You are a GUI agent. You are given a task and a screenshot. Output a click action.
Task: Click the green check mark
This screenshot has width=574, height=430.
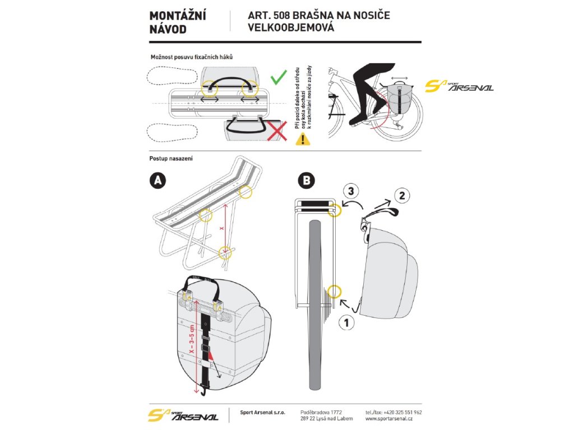click(x=279, y=77)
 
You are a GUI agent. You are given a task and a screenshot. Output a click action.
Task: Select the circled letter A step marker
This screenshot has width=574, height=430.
click(x=159, y=180)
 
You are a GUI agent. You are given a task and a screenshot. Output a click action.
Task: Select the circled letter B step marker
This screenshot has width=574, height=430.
click(x=307, y=180)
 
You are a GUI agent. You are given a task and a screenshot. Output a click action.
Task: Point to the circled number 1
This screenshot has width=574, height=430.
click(x=345, y=323)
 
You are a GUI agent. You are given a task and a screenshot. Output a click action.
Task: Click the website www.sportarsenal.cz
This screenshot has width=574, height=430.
click(x=389, y=418)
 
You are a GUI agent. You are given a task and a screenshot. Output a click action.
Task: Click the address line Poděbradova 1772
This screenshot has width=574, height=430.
click(x=321, y=412)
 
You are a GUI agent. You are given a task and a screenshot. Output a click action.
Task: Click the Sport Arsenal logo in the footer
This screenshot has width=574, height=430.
click(x=183, y=415)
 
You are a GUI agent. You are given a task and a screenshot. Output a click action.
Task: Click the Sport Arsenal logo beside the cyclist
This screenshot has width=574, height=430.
click(x=459, y=86)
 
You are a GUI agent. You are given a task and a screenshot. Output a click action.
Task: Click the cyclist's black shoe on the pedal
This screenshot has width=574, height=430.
click(x=358, y=119)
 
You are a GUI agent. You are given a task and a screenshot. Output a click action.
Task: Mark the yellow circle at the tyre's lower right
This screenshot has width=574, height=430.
click(x=335, y=291)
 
